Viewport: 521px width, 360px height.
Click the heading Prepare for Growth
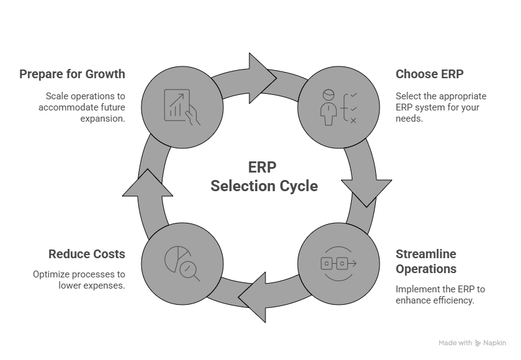click(72, 74)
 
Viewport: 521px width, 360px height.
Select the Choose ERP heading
click(430, 74)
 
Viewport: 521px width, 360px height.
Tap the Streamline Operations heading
click(426, 261)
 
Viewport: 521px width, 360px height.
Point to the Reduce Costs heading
click(87, 254)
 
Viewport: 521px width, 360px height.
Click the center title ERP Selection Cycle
click(264, 177)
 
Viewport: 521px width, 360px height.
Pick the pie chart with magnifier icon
click(181, 263)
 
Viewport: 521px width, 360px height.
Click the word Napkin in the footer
click(495, 343)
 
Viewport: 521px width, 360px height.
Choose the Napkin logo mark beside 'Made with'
click(478, 343)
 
